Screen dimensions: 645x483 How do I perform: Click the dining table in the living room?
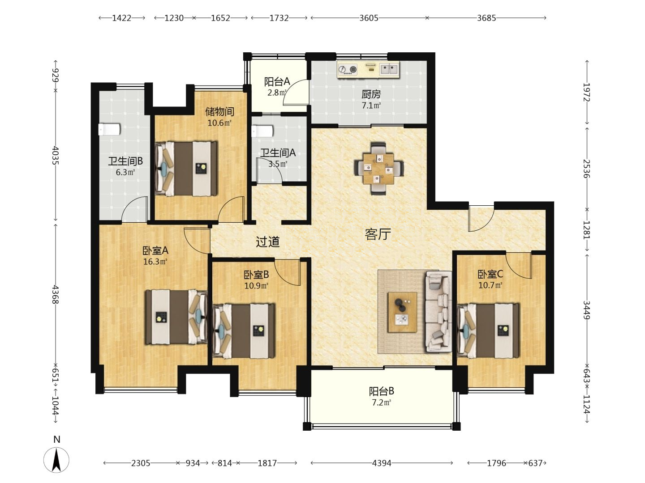[378, 168]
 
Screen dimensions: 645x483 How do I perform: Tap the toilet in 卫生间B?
[109, 129]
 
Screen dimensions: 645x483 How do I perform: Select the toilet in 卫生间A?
[262, 131]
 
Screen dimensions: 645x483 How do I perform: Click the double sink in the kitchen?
[389, 69]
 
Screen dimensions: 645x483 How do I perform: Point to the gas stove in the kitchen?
[348, 69]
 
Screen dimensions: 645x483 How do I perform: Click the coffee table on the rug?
[402, 312]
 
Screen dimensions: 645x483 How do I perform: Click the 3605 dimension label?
[369, 18]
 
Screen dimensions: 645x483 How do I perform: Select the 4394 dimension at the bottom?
[382, 463]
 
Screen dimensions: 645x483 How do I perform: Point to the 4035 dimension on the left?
[56, 156]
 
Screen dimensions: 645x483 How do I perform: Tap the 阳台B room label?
[382, 391]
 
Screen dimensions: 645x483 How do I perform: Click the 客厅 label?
[378, 234]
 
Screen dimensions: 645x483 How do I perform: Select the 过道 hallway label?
[267, 241]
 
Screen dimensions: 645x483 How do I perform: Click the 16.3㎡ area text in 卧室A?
[155, 262]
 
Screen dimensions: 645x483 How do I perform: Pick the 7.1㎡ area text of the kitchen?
[371, 105]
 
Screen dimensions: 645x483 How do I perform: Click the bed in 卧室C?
[488, 331]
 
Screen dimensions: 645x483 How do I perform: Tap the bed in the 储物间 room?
[186, 169]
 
